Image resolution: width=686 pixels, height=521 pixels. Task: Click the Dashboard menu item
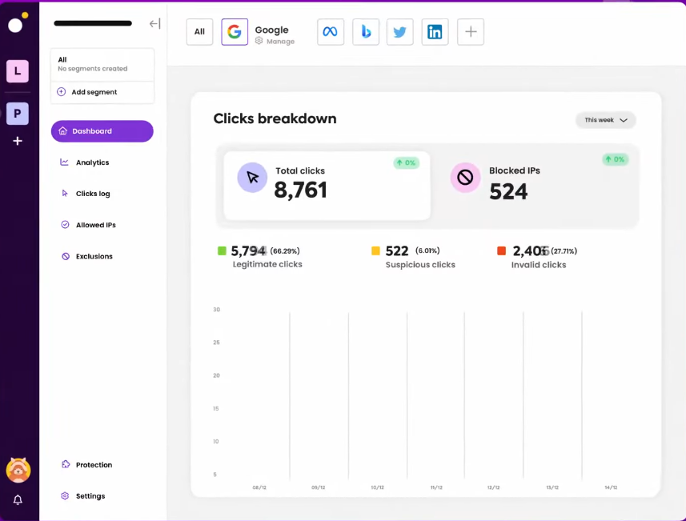pos(102,131)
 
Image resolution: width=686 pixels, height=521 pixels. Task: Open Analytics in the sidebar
pos(92,162)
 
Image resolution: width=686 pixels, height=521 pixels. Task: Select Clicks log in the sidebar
pos(92,194)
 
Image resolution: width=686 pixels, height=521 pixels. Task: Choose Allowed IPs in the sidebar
pos(95,225)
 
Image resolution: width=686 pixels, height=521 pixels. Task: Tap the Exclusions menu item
pos(94,256)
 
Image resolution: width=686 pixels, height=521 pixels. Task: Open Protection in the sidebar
pos(94,465)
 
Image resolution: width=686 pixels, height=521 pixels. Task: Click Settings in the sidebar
pos(90,496)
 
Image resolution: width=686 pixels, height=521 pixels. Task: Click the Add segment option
pos(94,92)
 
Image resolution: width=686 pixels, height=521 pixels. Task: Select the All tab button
pos(199,32)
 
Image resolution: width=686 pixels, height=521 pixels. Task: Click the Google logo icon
pos(235,32)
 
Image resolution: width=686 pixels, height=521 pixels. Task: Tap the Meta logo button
pos(331,32)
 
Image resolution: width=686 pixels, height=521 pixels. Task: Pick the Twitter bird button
pos(400,32)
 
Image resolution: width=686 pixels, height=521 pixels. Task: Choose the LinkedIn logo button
pos(435,32)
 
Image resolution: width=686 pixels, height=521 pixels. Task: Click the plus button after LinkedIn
pos(471,32)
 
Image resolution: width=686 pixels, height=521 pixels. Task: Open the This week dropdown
pos(605,120)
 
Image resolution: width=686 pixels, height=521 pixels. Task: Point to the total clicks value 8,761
pos(301,190)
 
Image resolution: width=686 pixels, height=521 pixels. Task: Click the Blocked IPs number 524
pos(508,191)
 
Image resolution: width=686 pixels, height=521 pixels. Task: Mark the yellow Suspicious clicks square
pos(375,250)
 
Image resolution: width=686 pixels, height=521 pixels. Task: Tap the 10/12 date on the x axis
pos(377,487)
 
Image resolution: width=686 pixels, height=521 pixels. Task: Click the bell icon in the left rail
pos(18,499)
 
